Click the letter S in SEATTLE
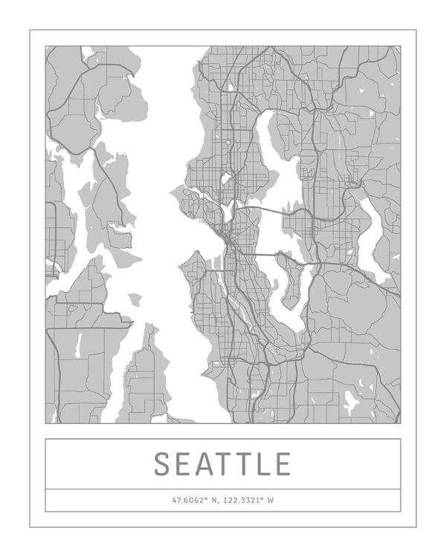[164, 464]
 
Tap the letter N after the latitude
[215, 501]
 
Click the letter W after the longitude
[271, 501]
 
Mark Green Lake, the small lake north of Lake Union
[224, 179]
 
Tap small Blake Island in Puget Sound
[134, 299]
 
